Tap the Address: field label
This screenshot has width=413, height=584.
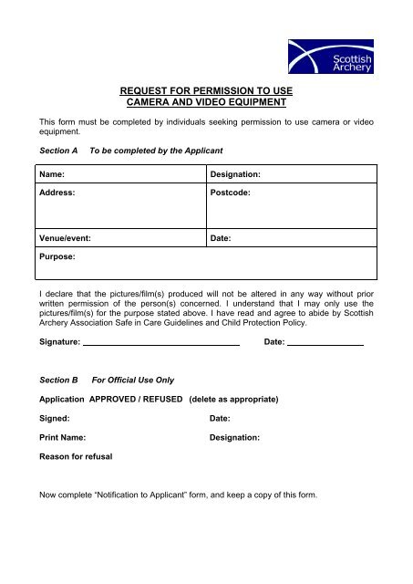[x=57, y=193]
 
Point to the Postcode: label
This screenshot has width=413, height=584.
[x=234, y=193]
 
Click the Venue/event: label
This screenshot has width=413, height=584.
[x=64, y=237]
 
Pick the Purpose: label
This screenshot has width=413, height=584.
[x=57, y=258]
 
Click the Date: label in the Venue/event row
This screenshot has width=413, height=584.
[x=221, y=237]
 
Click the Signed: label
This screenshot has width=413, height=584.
[x=54, y=419]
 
